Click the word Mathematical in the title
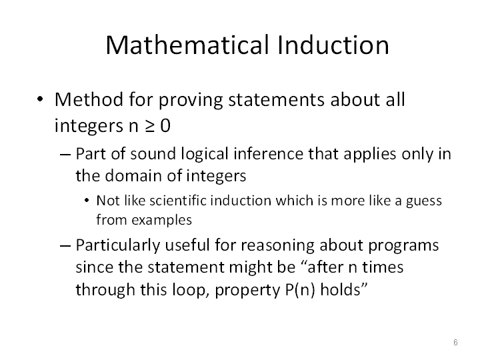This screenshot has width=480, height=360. (187, 45)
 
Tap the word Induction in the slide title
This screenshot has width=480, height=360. (333, 45)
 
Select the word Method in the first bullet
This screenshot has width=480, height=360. (89, 100)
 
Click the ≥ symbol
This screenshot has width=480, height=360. (150, 126)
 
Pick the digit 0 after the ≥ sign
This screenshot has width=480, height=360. (165, 125)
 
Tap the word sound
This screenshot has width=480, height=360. (153, 154)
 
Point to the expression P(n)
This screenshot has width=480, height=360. (300, 289)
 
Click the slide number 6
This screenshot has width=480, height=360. (455, 342)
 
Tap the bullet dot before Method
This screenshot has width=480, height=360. (40, 99)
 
